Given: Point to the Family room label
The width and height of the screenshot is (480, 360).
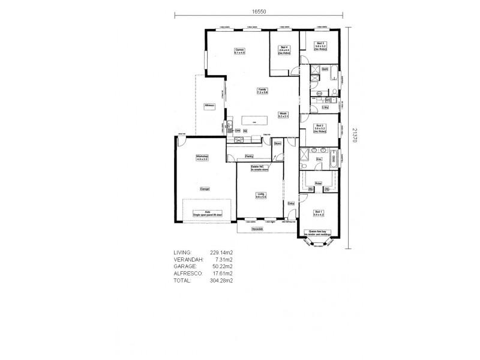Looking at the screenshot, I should tap(262, 91).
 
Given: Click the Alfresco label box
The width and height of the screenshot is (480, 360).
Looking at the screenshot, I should tap(209, 105).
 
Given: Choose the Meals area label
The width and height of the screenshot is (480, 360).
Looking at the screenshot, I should tap(283, 115).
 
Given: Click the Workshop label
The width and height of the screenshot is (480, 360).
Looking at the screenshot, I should tap(202, 158).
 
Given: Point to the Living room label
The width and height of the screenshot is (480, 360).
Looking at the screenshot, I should tap(260, 195).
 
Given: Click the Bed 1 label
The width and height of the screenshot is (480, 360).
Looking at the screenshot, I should tap(319, 212).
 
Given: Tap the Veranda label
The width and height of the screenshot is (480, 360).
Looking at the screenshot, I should tap(257, 229).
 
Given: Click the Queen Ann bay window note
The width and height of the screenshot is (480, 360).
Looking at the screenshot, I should tap(317, 233).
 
